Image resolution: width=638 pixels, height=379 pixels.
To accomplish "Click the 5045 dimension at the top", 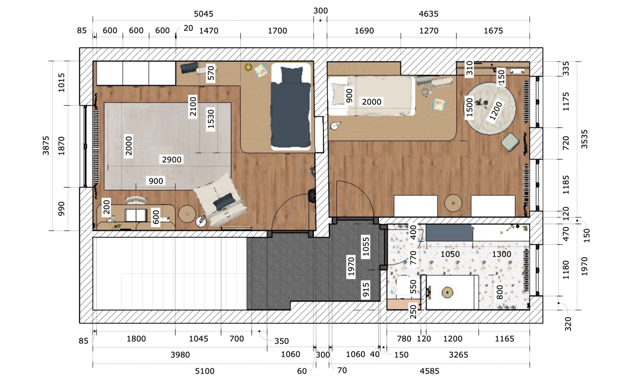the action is (203, 14).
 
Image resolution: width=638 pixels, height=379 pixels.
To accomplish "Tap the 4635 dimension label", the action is (428, 14).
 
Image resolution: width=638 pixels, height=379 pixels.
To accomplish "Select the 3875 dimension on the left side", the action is (46, 145).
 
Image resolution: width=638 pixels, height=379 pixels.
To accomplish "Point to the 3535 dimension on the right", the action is (584, 139).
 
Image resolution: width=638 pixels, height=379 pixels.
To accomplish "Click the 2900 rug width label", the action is (171, 160).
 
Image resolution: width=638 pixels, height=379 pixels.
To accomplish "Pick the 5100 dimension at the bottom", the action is (205, 371).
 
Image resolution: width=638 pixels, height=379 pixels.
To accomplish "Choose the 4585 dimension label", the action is (429, 371).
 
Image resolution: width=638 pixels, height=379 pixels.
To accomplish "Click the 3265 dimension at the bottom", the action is (458, 355).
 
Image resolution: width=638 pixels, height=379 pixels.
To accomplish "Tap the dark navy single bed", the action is (291, 106).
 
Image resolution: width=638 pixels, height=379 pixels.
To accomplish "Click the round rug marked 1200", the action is (490, 109).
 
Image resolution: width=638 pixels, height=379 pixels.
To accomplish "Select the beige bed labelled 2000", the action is (372, 96).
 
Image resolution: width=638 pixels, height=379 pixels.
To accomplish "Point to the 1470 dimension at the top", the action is (208, 31).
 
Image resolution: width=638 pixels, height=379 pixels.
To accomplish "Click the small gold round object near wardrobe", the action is (249, 67).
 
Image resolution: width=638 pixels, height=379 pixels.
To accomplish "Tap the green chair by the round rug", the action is (510, 142).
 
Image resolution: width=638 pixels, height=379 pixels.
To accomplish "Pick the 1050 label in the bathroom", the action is (450, 254).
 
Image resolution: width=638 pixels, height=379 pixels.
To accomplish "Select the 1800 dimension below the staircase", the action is (136, 339).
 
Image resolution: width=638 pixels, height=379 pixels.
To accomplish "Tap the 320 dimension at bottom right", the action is (568, 324).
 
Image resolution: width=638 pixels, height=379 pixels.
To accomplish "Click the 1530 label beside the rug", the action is (211, 119).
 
